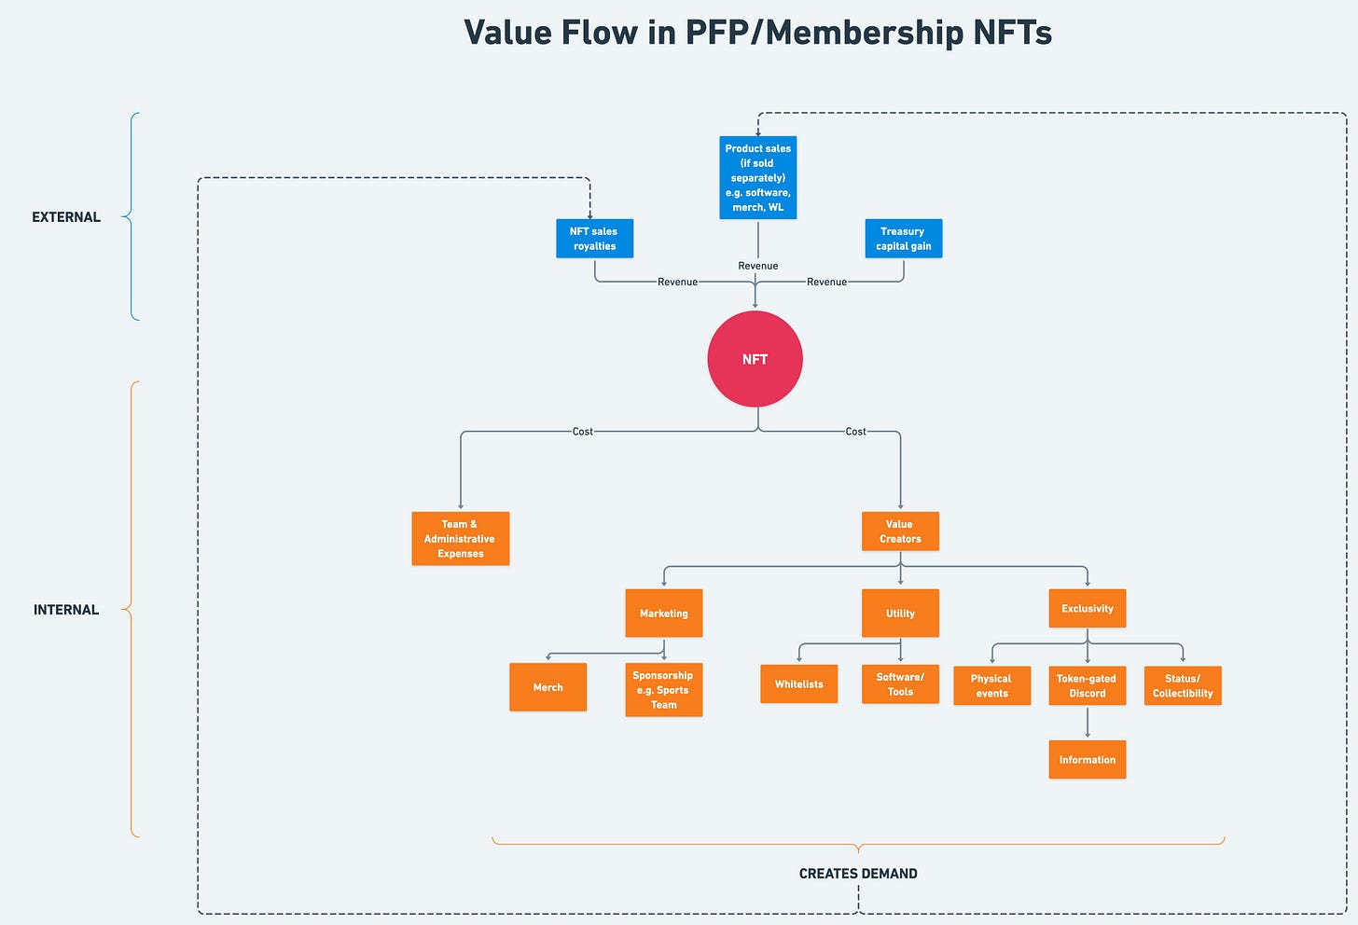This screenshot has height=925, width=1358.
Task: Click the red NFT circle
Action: click(x=755, y=359)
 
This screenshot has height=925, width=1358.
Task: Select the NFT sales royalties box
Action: click(x=594, y=239)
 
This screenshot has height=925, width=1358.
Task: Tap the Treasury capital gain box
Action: click(x=903, y=239)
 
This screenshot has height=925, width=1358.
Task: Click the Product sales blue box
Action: click(x=757, y=178)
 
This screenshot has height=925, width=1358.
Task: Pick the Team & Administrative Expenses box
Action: click(x=460, y=539)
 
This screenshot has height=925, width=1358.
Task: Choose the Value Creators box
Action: click(x=900, y=532)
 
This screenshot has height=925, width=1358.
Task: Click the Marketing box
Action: click(x=663, y=614)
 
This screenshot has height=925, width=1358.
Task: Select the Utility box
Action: click(x=900, y=614)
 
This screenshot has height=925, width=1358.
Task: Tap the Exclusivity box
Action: click(x=1087, y=609)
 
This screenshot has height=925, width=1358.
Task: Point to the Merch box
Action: click(x=547, y=687)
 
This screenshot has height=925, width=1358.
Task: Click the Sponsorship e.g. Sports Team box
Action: click(x=663, y=690)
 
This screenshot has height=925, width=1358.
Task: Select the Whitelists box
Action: click(x=798, y=684)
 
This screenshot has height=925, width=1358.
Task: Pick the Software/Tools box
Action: click(x=900, y=684)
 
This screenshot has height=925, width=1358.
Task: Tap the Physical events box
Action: click(x=991, y=685)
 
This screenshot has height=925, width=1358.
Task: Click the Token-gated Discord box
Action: click(x=1087, y=685)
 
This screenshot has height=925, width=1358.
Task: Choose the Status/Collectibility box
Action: click(x=1182, y=685)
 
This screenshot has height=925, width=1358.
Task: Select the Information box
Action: click(x=1087, y=760)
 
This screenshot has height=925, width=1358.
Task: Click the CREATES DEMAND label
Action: click(x=858, y=874)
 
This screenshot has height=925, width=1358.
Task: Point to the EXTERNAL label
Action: click(x=66, y=217)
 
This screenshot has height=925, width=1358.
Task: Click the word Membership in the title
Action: click(x=865, y=33)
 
